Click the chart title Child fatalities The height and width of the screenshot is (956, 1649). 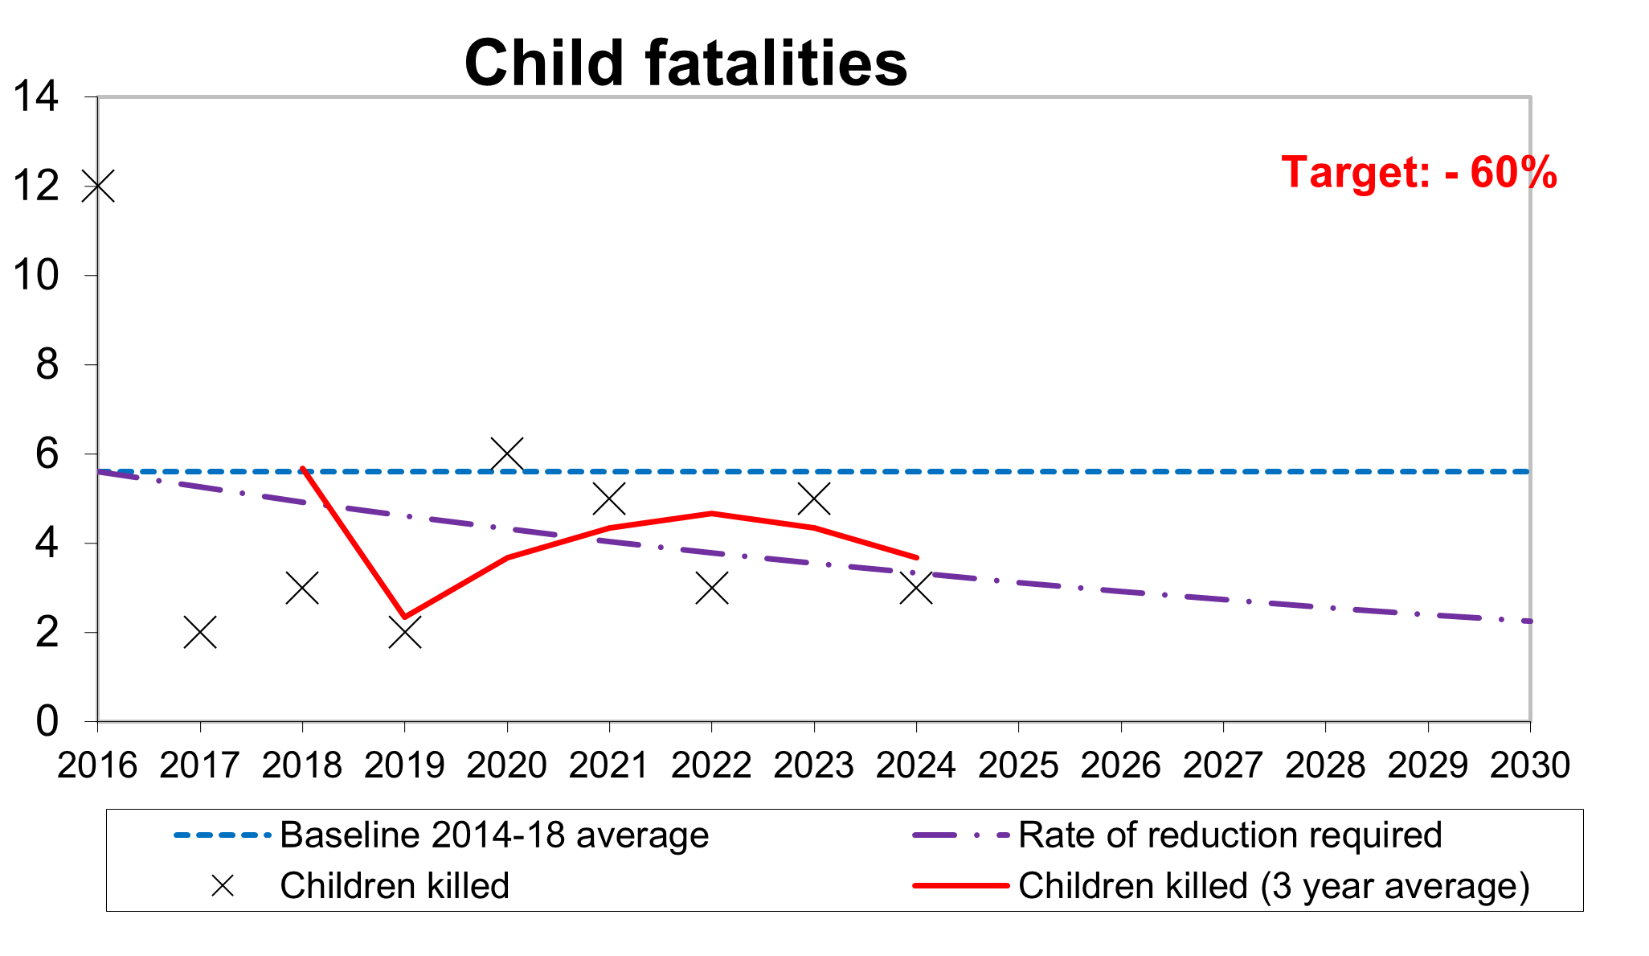(685, 64)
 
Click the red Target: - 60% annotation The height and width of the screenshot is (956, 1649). (1418, 172)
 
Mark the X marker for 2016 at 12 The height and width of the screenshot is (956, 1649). (98, 186)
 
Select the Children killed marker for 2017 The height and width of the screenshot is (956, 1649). (200, 633)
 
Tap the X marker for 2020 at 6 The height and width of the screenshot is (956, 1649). (507, 454)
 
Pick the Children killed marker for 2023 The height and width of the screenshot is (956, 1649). (814, 499)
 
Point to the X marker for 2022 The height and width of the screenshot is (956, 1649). (712, 589)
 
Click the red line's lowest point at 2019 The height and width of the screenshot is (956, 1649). (404, 617)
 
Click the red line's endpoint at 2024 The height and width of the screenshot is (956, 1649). (916, 557)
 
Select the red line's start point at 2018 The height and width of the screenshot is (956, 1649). (302, 469)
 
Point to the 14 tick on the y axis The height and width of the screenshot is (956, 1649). (36, 97)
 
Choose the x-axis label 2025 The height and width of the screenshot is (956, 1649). (1018, 765)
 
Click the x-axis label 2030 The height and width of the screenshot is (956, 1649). (1529, 765)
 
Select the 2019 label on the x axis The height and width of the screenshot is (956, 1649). (404, 765)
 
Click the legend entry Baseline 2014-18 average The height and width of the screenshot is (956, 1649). (493, 835)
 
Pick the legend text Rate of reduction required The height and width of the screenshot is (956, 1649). (1230, 835)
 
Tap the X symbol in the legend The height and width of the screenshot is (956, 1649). (223, 886)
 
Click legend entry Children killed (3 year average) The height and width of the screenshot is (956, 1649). (1274, 886)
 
